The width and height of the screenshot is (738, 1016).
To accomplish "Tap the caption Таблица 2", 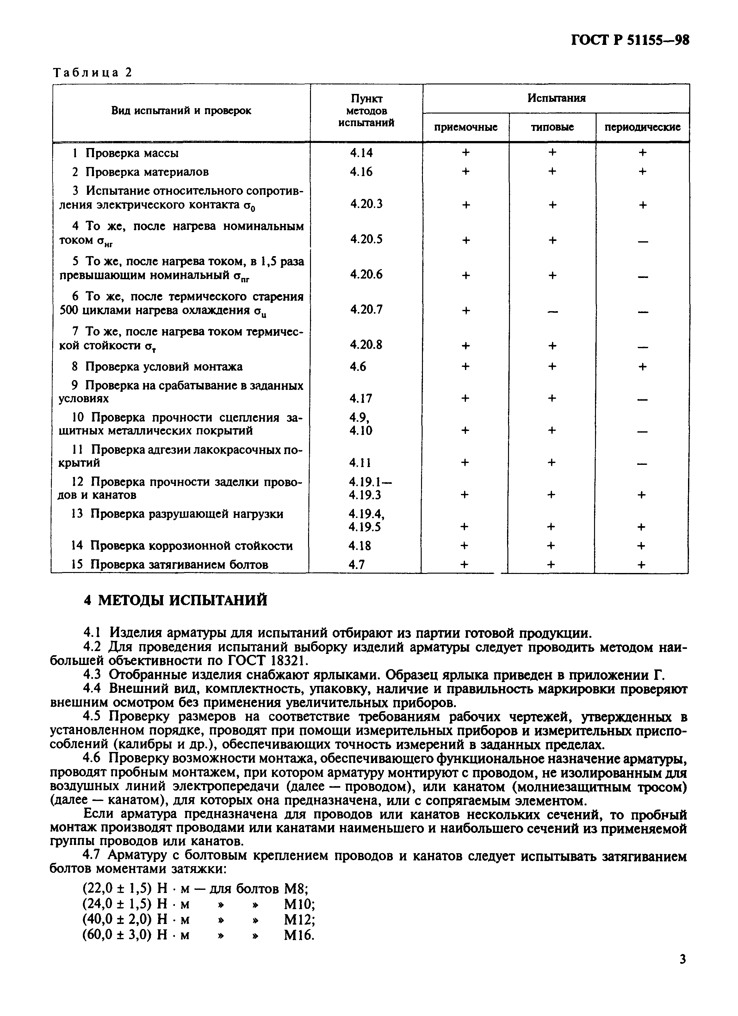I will click(93, 73).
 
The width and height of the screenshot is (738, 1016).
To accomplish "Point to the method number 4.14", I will click(361, 153).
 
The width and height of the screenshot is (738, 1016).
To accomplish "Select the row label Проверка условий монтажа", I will click(164, 367).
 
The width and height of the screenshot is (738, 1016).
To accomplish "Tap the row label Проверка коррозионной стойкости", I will click(191, 546).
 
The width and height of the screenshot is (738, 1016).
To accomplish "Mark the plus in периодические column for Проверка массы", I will click(642, 153).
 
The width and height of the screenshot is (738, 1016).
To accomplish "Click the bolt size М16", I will click(299, 948).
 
